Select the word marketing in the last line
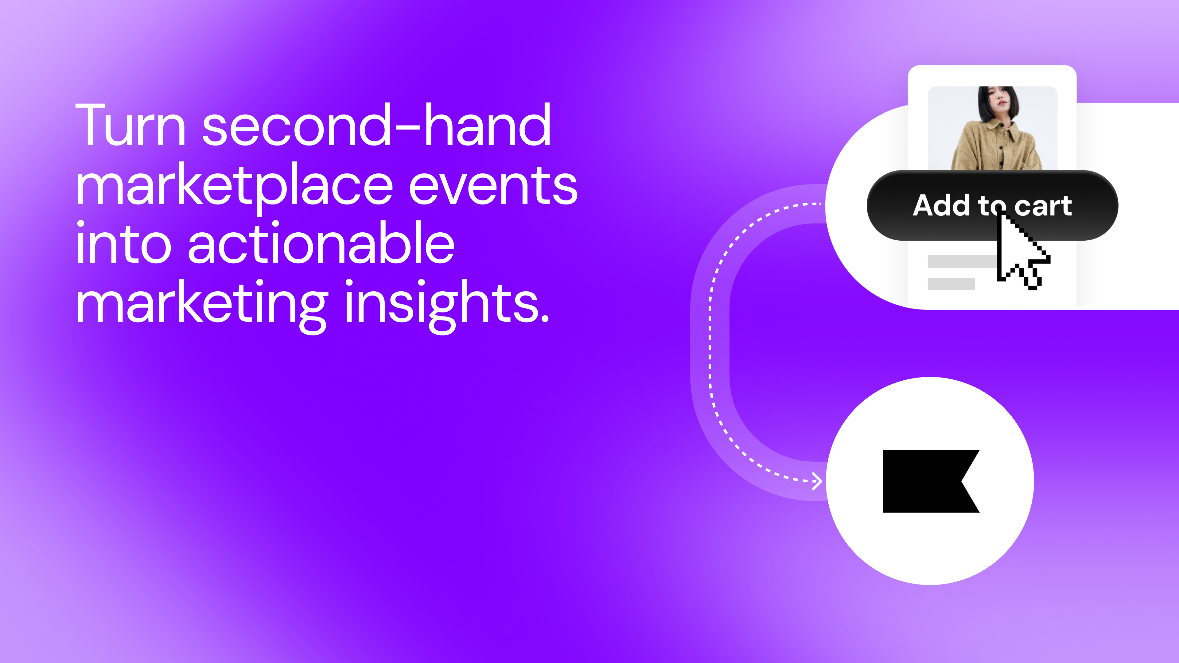click(201, 304)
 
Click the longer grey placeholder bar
click(961, 261)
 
